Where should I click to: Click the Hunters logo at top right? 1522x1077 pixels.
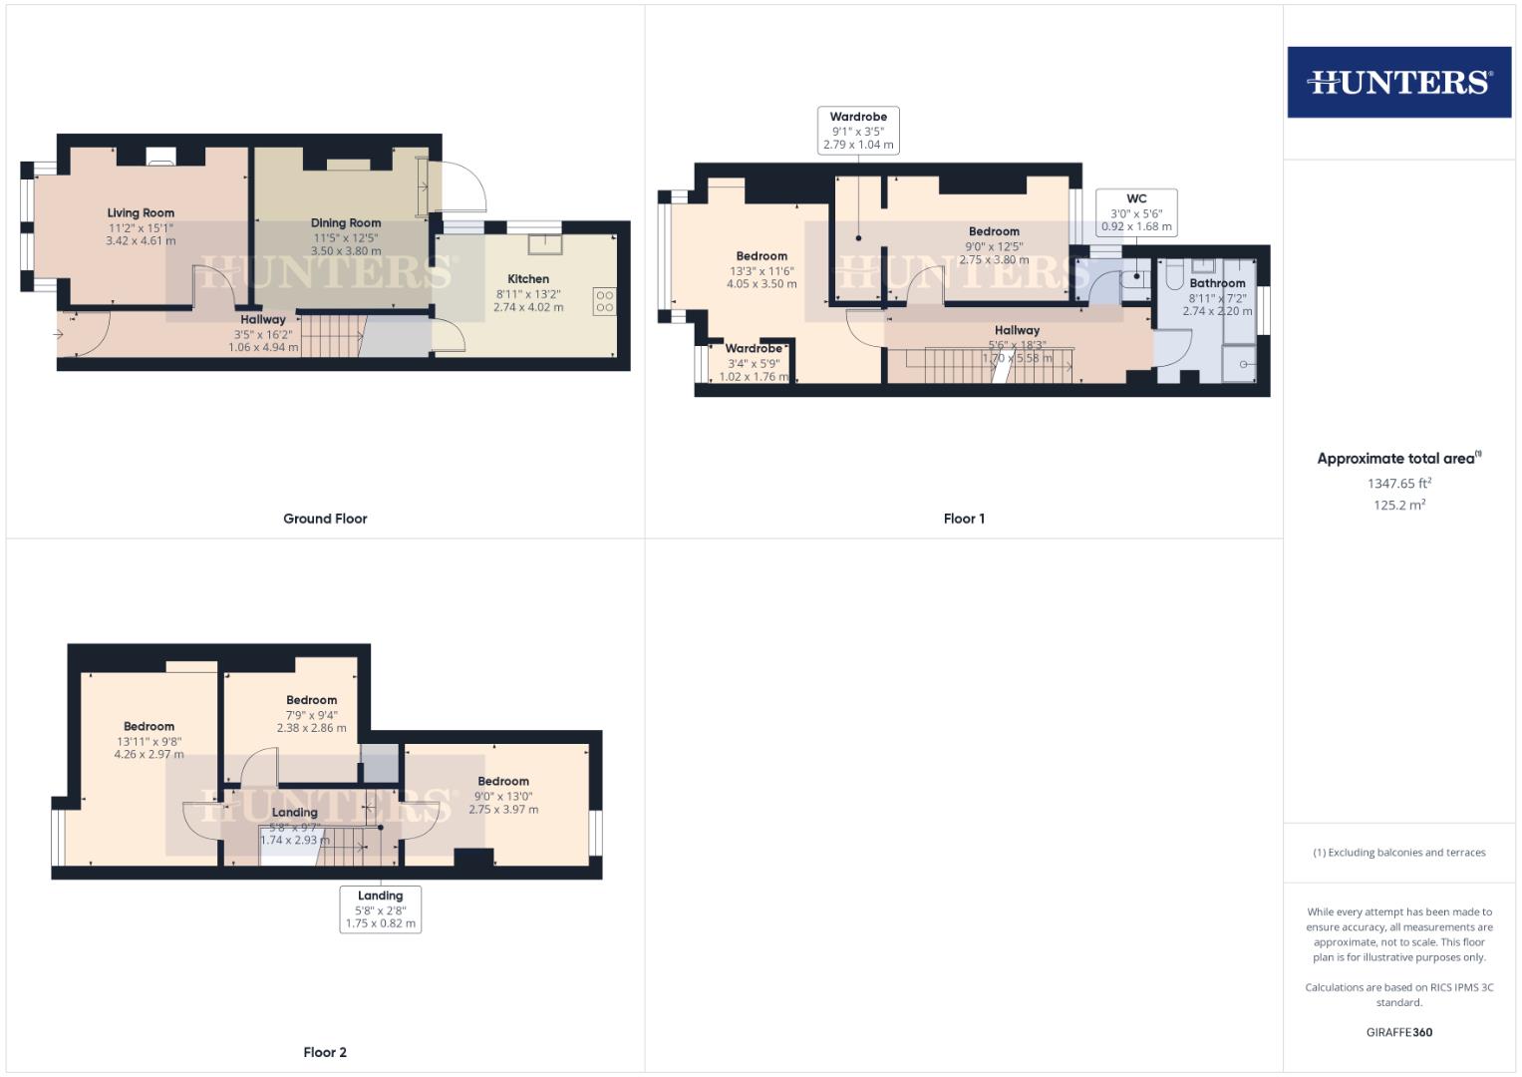point(1398,82)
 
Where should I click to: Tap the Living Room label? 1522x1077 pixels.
point(141,212)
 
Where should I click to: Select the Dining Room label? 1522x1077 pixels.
point(346,223)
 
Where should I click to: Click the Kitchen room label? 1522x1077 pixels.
point(528,279)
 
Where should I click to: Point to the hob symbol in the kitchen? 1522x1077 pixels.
point(604,301)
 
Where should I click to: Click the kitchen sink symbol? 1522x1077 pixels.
point(545,242)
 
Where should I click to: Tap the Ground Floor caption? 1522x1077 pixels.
point(325,519)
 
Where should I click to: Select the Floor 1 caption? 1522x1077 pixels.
point(964,519)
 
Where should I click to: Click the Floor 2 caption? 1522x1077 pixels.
point(325,1052)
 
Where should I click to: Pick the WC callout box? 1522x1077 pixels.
point(1136,212)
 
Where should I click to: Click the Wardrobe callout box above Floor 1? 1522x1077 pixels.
point(858,131)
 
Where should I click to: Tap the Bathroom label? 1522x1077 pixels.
point(1217,283)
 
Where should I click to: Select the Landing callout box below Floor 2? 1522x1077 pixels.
point(380,909)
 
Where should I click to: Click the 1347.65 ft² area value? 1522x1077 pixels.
point(1398,484)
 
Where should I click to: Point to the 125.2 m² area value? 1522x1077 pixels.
point(1398,506)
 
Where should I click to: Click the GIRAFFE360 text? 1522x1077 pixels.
point(1398,1032)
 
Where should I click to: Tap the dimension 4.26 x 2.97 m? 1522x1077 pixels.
point(149,755)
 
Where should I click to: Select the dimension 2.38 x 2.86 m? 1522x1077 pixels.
point(311,728)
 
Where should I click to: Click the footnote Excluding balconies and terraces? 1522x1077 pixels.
point(1398,853)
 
